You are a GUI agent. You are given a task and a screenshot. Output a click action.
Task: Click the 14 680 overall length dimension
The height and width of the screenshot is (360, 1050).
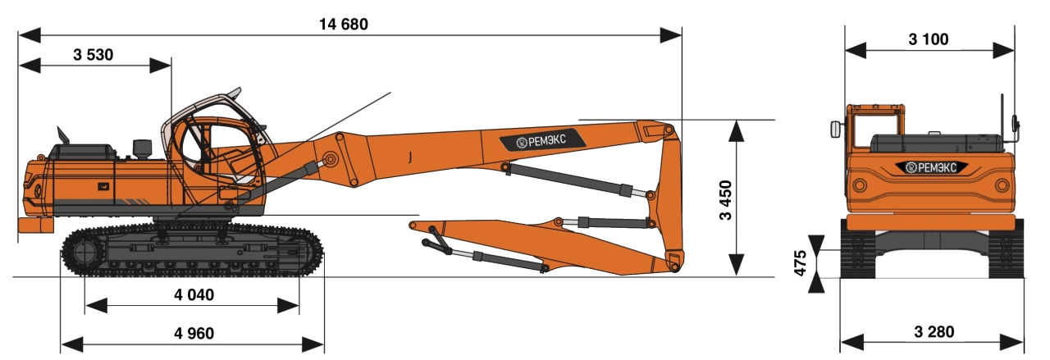(344, 25)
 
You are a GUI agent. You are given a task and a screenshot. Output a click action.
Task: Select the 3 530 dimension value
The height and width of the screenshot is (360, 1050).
(94, 55)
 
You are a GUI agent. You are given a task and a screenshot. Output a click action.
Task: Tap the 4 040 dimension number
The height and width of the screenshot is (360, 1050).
(194, 295)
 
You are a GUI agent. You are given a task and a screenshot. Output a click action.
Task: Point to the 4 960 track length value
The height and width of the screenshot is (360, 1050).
(194, 333)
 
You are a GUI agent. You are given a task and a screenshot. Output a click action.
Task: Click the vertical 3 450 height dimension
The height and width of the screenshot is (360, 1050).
(725, 200)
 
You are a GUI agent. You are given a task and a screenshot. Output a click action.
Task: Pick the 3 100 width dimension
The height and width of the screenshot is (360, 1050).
(929, 39)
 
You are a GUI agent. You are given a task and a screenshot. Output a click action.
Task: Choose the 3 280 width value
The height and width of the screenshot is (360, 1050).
(934, 332)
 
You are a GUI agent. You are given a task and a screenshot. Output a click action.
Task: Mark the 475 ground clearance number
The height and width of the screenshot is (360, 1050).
(800, 263)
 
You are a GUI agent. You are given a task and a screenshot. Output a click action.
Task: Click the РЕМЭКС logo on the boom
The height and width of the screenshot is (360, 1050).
(542, 140)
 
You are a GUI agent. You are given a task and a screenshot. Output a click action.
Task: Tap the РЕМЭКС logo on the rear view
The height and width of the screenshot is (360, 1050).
(931, 166)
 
